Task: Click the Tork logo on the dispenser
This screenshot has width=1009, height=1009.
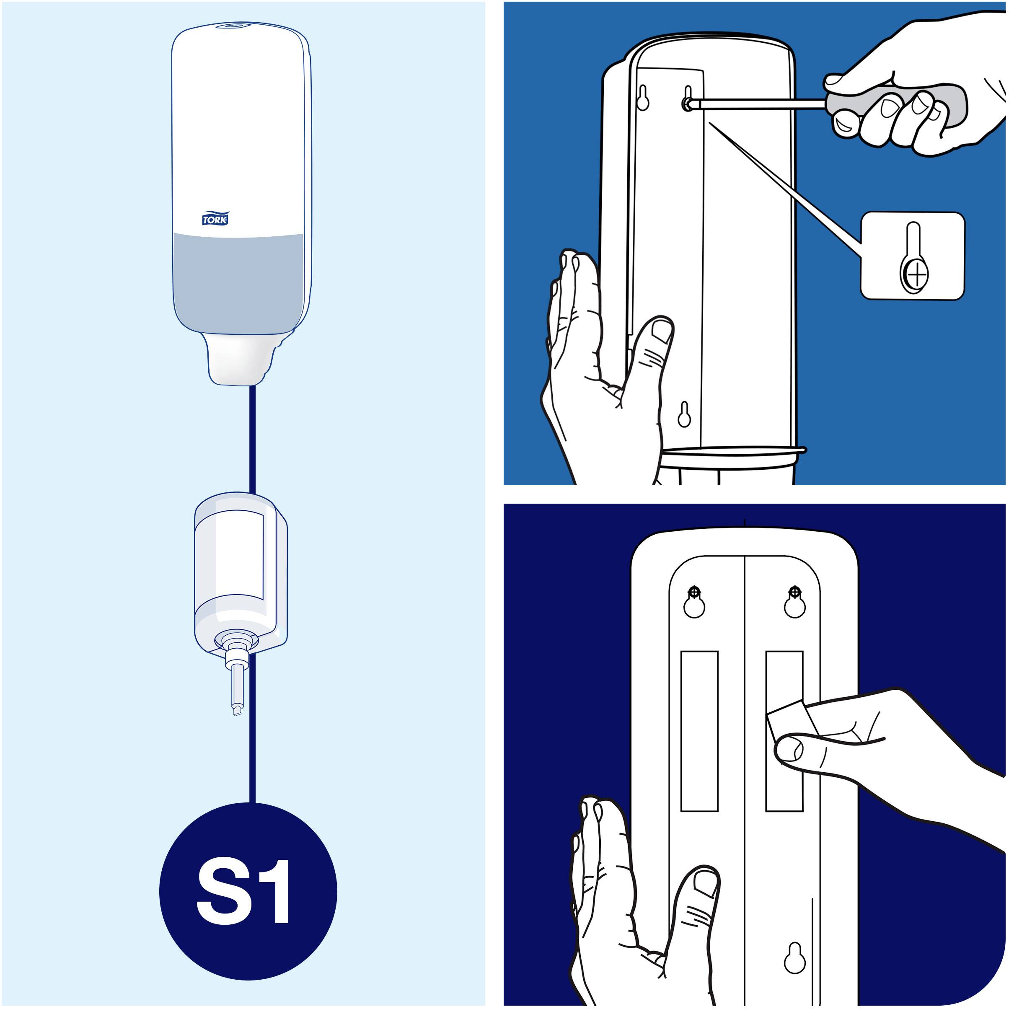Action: tap(215, 218)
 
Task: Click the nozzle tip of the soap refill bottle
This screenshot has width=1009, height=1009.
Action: tap(237, 710)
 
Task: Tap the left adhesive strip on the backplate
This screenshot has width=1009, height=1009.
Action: tap(699, 731)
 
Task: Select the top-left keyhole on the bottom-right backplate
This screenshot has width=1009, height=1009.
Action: tap(694, 602)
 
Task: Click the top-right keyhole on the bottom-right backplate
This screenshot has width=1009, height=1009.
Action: tap(794, 602)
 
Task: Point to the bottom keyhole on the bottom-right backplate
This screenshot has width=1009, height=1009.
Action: tap(795, 958)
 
